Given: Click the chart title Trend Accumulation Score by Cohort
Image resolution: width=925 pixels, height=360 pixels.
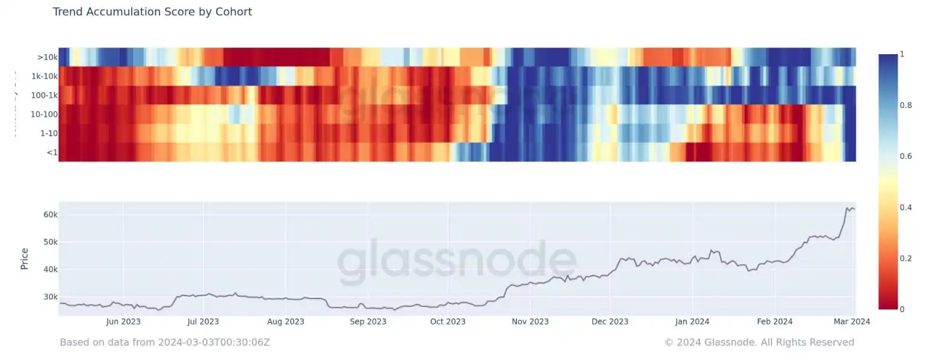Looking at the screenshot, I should coord(152,12).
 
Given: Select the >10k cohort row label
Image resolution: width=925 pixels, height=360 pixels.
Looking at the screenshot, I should coord(47,58).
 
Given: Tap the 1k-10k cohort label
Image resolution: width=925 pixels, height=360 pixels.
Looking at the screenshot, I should coord(45,76).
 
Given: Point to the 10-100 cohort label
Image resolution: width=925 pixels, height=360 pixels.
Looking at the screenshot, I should coord(45,114).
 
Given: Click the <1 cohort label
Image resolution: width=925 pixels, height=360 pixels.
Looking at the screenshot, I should coord(52,152).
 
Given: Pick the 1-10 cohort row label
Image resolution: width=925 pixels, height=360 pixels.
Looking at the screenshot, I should coord(48,134).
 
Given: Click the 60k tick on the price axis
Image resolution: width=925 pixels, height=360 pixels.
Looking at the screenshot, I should coord(49,215).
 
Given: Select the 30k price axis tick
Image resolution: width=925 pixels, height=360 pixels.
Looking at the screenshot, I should coord(49,297).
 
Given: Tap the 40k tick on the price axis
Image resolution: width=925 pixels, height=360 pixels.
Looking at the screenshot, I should coord(49,269).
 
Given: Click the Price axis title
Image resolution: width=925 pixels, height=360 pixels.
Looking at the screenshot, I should coord(25,259).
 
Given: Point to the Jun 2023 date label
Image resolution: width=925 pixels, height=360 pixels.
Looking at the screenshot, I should coord(123,321).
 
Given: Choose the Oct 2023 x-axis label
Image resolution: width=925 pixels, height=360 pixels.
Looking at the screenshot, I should coord(448,321).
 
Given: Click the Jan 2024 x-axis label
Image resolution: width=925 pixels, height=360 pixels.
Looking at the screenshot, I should coord(692,321).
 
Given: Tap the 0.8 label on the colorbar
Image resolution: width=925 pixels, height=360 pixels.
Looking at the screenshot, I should coord(901,105).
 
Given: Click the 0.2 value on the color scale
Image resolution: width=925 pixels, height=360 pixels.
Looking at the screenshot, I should coord(901,258).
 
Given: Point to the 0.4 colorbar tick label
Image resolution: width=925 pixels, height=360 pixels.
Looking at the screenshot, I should coord(901,208).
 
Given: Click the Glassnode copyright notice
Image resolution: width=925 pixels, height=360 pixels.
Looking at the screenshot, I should coord(759,342).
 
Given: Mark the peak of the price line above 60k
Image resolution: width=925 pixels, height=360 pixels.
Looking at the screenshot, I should coord(847,208).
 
